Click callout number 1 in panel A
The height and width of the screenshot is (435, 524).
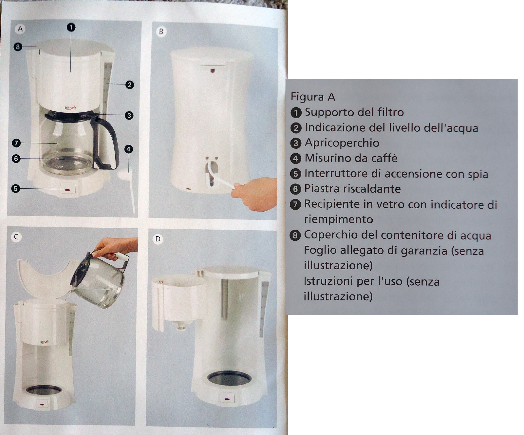(71, 27)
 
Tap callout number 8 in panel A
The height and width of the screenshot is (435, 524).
(18, 47)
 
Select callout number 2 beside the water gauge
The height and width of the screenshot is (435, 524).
(130, 85)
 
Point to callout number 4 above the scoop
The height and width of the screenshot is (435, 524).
(128, 149)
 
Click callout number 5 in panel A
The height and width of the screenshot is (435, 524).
(15, 188)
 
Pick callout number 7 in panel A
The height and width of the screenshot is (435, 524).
(16, 143)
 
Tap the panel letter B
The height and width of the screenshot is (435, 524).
(161, 31)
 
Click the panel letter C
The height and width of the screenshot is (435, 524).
(16, 236)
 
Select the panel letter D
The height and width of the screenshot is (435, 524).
(158, 239)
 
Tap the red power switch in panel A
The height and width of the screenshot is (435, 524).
(67, 190)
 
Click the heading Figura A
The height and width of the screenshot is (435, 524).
(313, 97)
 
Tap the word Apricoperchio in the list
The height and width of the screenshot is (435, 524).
(342, 143)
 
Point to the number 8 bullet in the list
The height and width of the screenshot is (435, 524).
(295, 235)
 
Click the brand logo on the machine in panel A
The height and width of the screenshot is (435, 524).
(70, 107)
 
